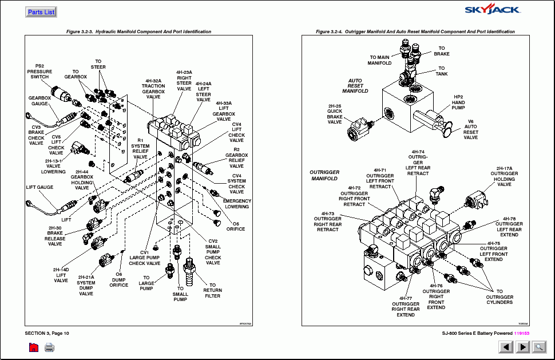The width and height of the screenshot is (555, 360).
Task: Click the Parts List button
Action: point(41,12)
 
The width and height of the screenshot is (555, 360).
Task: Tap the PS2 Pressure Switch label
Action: point(39,71)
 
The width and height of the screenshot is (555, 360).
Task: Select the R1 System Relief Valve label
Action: point(140,151)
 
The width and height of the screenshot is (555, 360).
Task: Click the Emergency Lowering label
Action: point(237,204)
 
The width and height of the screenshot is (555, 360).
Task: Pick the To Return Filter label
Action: point(212,290)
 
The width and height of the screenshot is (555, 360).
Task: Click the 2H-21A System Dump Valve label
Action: point(86,285)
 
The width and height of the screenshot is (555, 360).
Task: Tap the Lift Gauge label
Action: point(39,187)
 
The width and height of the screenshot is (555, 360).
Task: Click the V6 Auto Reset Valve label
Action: point(470,129)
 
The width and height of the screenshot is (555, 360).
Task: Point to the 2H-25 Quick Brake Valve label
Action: point(335,114)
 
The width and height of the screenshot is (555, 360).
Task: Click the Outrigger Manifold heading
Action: point(324,175)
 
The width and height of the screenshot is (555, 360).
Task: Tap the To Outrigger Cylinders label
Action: point(499,296)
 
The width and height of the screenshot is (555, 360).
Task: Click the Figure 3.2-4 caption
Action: point(415,32)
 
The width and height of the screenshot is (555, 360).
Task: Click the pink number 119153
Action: point(521,333)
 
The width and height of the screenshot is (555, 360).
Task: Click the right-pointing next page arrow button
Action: point(523,347)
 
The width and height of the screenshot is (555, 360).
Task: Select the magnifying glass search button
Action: point(539,347)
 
